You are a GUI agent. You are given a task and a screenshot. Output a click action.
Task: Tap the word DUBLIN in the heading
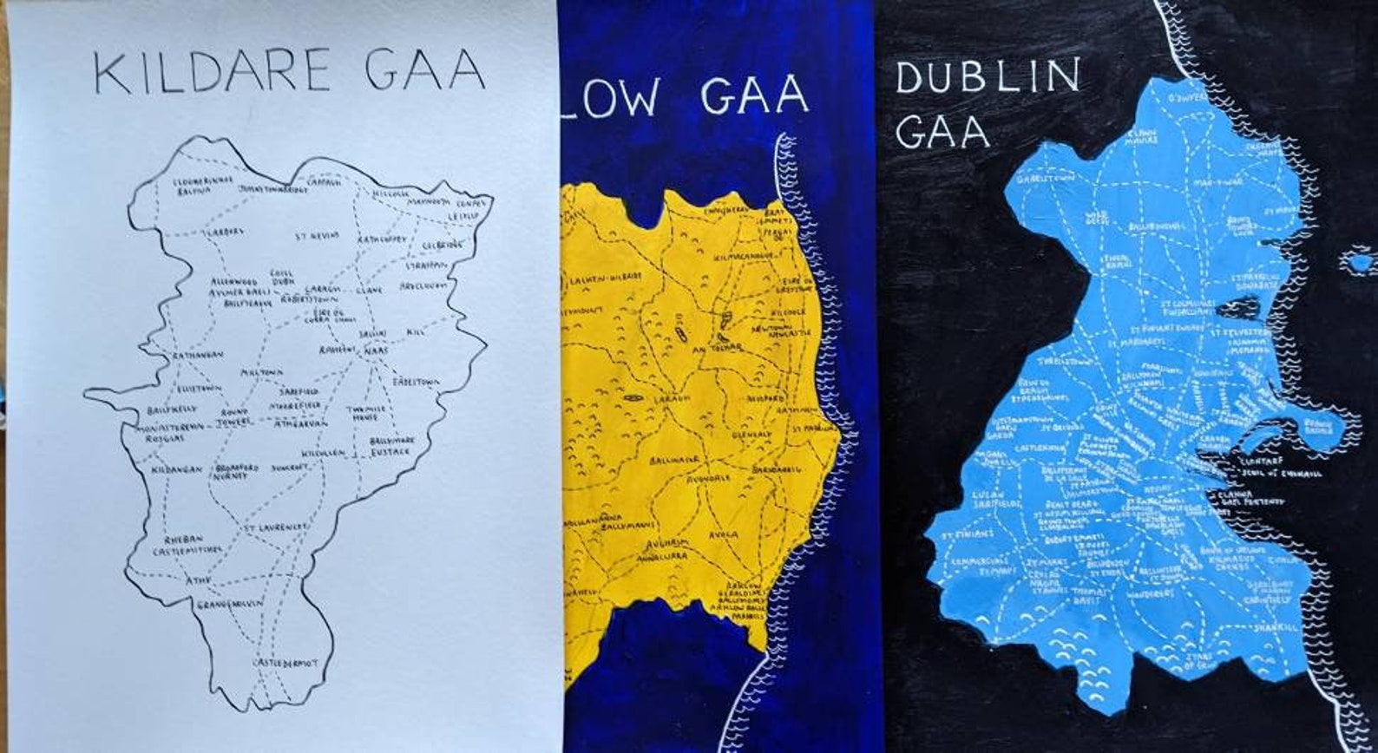click(987, 76)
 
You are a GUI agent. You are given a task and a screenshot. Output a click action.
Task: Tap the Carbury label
click(222, 232)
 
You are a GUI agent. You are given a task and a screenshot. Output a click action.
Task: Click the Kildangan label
click(176, 469)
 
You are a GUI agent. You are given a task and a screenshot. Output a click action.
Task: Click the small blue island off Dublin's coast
click(1358, 260)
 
